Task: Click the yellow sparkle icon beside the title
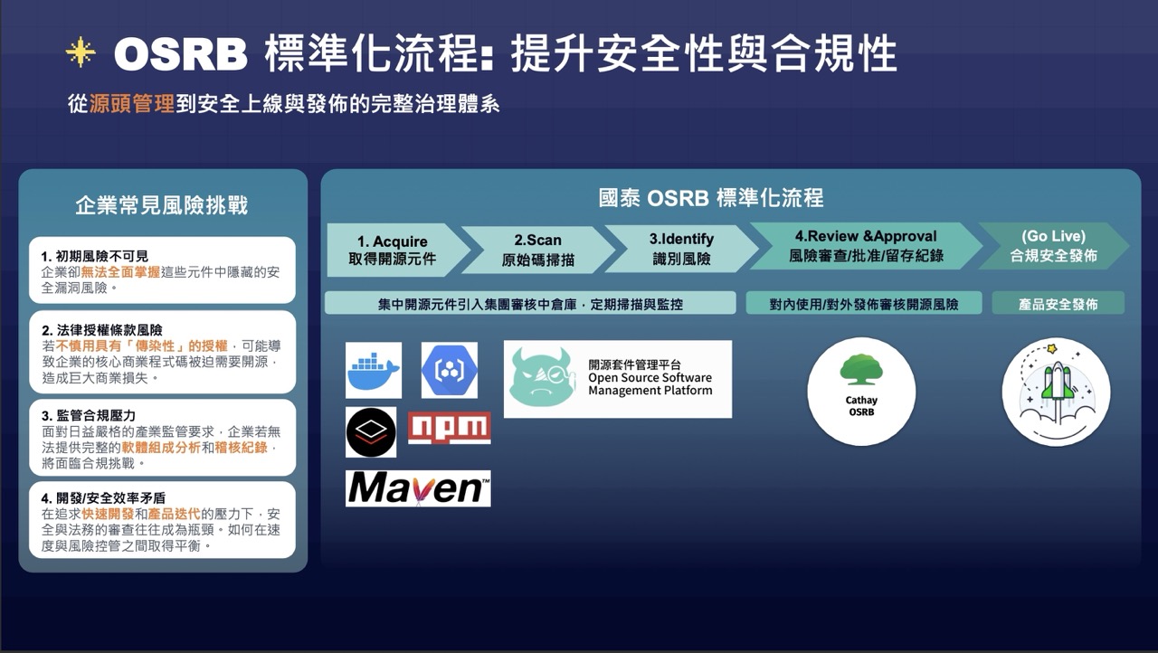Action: [81, 52]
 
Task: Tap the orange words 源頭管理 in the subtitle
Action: [132, 104]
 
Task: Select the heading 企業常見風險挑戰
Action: [162, 205]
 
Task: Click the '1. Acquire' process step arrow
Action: [393, 250]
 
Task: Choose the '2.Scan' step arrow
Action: [537, 250]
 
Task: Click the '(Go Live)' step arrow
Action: [1053, 246]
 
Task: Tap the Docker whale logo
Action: [374, 370]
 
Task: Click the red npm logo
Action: [450, 428]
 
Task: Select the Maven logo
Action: [418, 488]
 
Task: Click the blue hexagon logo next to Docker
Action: [450, 370]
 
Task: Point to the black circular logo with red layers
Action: [371, 432]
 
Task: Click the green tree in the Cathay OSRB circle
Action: [861, 370]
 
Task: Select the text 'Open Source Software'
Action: [650, 378]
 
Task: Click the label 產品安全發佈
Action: [1058, 304]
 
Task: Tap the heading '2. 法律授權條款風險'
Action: [101, 330]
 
